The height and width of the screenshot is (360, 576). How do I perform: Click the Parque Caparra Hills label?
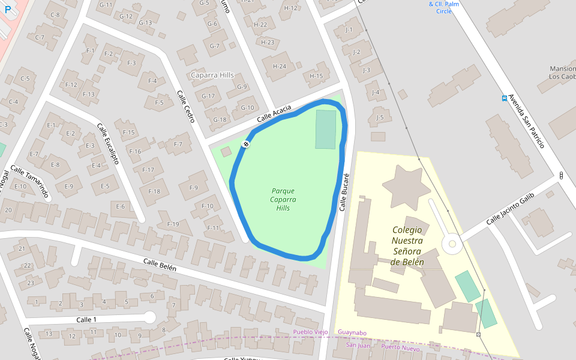point(283,199)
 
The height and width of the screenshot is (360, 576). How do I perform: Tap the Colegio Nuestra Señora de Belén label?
point(407,246)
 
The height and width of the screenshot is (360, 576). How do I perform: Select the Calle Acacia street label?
point(274,114)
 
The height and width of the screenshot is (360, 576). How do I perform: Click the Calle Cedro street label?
point(185,107)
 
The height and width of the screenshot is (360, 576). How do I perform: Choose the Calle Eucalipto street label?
point(108,144)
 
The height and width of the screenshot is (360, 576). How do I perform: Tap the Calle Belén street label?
point(160,265)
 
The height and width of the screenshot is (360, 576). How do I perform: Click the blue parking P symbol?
point(7,10)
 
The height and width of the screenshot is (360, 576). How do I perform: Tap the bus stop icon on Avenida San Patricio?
point(504,98)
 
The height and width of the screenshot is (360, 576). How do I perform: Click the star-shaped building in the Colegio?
point(406,185)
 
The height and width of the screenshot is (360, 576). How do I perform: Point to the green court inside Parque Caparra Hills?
point(326,129)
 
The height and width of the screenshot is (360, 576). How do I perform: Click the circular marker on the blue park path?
point(245,144)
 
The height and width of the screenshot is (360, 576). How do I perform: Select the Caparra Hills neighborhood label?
point(212,75)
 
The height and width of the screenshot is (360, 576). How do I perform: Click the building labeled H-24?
point(280,66)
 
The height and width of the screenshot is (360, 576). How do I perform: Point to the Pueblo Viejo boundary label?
point(310,332)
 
